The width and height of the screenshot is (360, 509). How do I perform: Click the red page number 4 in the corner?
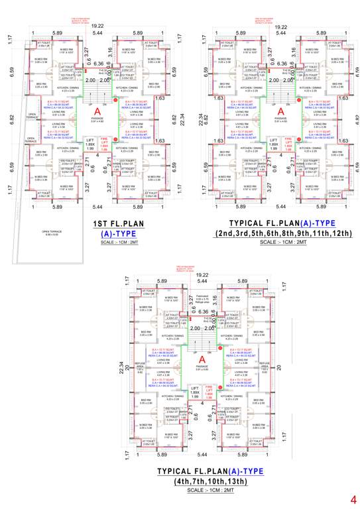tap(353, 498)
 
